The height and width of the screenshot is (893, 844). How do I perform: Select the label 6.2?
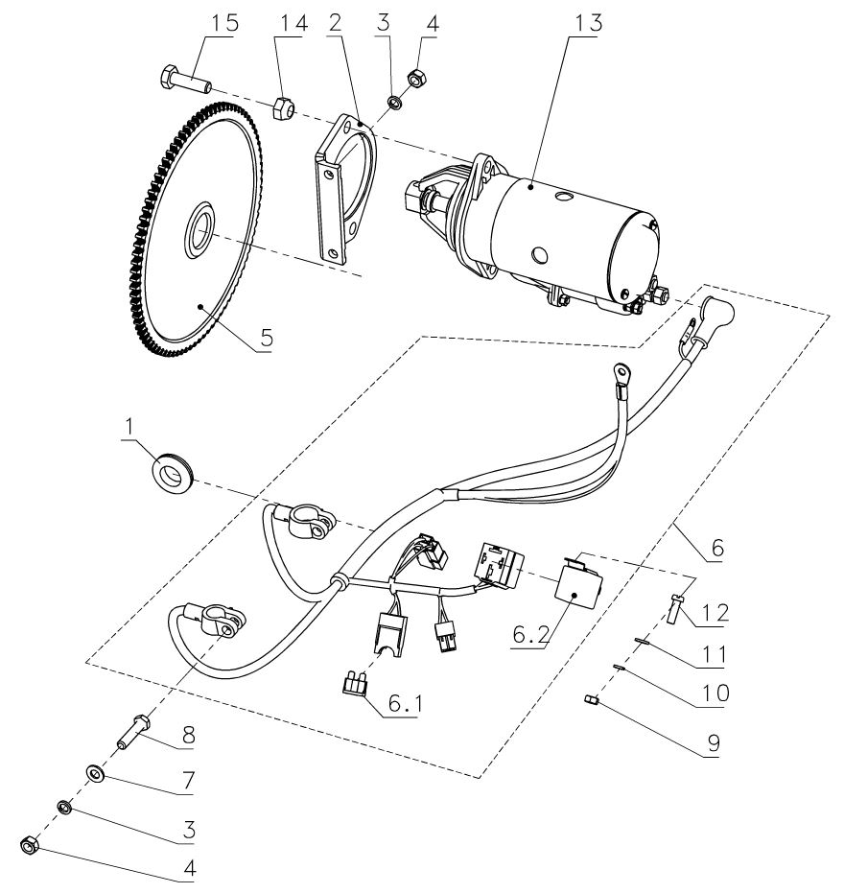pos(525,634)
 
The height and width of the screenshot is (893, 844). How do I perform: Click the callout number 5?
pos(267,338)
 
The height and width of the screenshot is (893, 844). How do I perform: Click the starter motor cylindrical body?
pos(566,225)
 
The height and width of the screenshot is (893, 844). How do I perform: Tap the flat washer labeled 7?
pos(97,772)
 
